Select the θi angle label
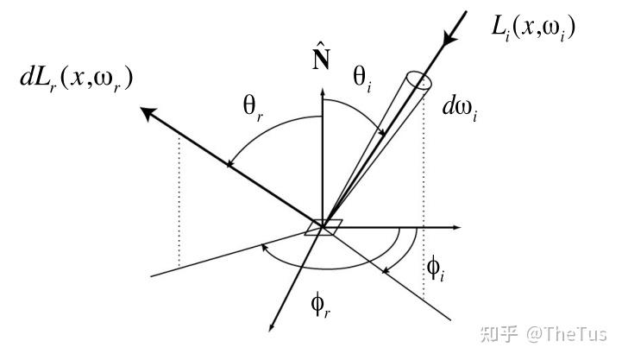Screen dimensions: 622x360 pyautogui.click(x=362, y=79)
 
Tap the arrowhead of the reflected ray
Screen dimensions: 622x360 pyautogui.click(x=148, y=112)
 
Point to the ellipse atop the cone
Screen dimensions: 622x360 pyautogui.click(x=419, y=81)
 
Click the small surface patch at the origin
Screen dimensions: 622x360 pyautogui.click(x=324, y=227)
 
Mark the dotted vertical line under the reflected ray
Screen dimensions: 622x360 pyautogui.click(x=178, y=199)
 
